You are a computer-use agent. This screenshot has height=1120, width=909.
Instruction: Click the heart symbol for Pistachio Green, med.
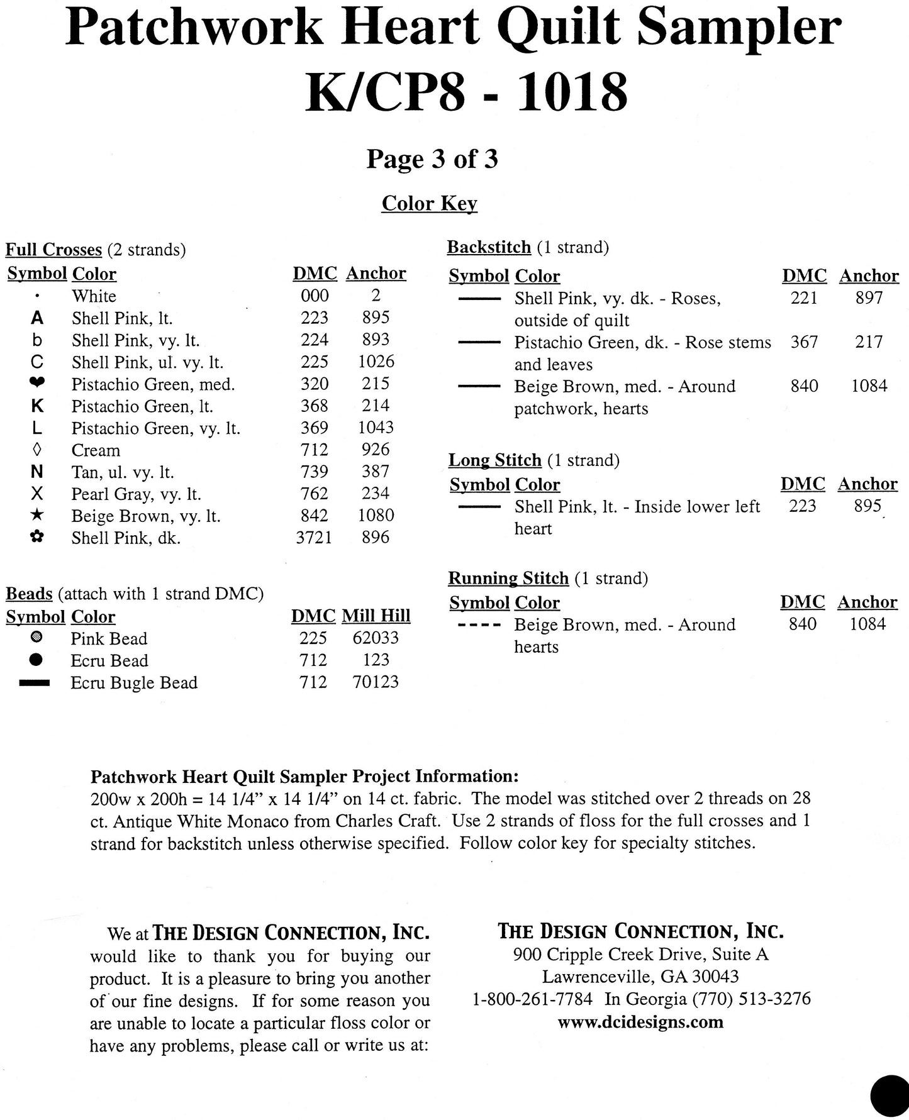37,384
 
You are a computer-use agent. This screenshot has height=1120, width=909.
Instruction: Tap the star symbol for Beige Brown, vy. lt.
37,516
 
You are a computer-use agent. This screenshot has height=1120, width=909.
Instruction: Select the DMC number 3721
314,538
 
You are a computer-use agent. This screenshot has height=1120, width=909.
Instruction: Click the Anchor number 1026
376,362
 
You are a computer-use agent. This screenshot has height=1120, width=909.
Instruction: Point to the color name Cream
96,450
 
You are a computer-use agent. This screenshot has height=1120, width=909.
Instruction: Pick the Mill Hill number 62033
376,638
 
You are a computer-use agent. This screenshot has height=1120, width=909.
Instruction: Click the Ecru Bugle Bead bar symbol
35,683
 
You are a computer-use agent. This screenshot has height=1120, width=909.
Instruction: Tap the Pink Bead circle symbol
36,638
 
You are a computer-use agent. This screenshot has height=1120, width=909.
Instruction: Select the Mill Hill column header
376,616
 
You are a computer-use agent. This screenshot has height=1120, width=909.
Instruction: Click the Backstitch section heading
489,248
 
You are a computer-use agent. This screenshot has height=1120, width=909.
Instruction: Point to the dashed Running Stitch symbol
479,626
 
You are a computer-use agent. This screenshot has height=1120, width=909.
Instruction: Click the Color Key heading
429,204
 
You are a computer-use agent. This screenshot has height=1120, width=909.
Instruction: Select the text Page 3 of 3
432,159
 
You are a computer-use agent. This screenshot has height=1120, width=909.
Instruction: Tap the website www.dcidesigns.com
640,1022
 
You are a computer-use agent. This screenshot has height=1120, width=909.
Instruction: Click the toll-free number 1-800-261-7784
532,999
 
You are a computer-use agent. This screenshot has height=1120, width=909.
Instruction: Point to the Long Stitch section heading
494,460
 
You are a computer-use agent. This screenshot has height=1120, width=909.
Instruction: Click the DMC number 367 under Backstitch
804,343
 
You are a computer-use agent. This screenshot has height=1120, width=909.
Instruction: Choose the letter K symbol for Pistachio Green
37,406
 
